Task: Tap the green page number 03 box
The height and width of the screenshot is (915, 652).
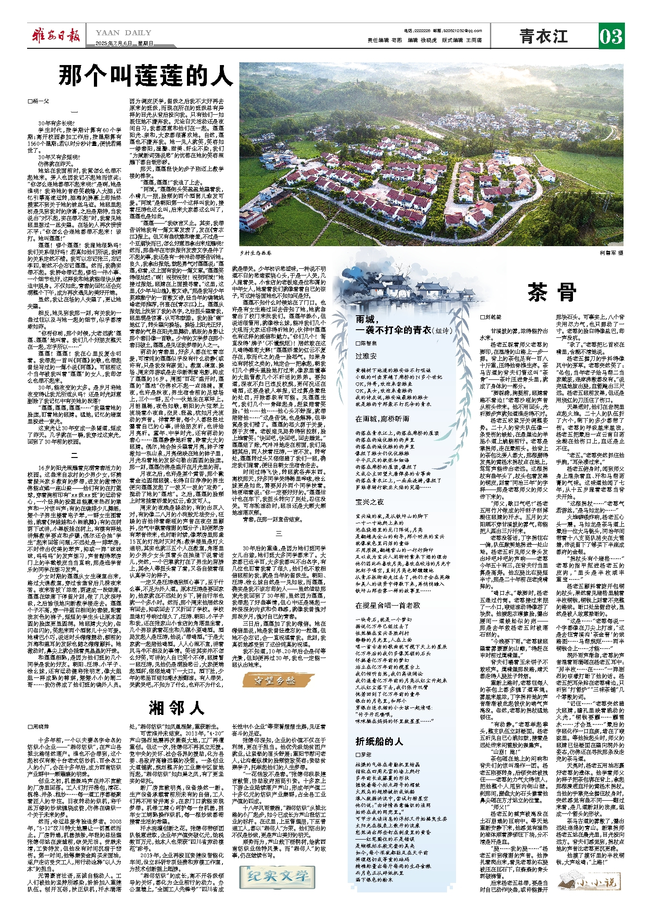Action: [x=611, y=36]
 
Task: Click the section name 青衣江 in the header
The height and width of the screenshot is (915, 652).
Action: [x=543, y=36]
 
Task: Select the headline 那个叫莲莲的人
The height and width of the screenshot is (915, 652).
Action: [x=145, y=76]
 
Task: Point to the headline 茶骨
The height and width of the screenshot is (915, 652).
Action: [x=552, y=293]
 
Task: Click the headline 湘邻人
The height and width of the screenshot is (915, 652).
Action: [x=177, y=707]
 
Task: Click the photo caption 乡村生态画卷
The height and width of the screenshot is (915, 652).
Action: [x=256, y=253]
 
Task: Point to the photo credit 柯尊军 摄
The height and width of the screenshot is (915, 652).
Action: [x=611, y=253]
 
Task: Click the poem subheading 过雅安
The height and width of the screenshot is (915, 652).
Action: [x=366, y=356]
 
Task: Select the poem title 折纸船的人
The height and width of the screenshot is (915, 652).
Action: [x=379, y=742]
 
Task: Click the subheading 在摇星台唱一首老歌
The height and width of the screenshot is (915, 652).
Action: [x=387, y=605]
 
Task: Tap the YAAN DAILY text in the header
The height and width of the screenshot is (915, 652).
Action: [x=123, y=33]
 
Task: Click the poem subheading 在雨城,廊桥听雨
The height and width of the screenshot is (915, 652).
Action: [x=382, y=419]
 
